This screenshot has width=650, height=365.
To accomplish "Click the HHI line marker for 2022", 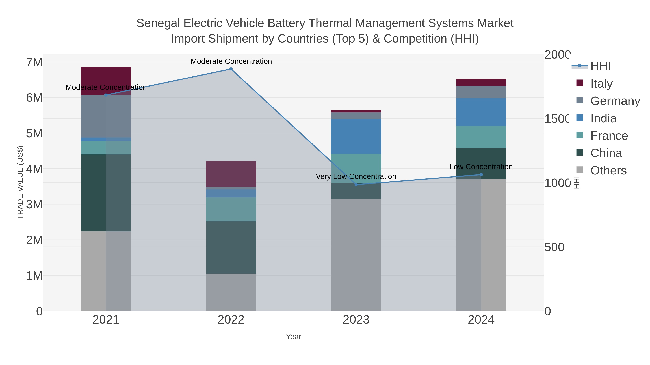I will click(231, 69).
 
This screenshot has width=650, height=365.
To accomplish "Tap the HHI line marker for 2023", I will click(356, 185).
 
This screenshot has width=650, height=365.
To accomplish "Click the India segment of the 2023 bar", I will click(356, 136).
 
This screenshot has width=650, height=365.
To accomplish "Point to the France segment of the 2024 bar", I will click(481, 137).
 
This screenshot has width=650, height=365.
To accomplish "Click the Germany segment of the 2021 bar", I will click(106, 116).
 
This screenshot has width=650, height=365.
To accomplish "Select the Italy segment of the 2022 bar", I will click(231, 174).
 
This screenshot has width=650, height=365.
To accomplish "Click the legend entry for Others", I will click(608, 171).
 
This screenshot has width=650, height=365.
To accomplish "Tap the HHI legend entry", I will click(600, 66).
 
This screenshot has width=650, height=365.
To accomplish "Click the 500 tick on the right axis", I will click(554, 247).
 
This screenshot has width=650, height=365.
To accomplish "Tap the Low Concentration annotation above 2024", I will click(481, 167).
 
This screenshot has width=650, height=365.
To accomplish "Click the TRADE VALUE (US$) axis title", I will click(20, 182).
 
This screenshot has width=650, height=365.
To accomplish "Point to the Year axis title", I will click(293, 337).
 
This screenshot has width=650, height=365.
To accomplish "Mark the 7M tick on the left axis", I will click(34, 62).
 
